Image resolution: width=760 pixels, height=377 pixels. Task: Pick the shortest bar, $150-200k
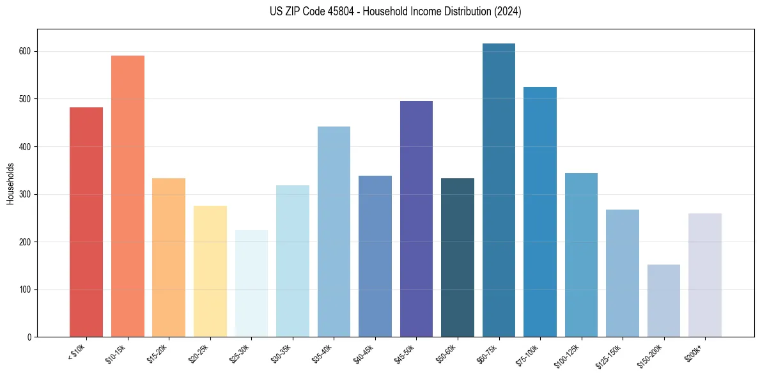click(663, 301)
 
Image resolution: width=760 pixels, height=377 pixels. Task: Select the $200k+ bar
click(705, 275)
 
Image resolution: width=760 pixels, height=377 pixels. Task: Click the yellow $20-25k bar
click(210, 272)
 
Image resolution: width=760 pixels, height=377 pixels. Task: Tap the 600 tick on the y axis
click(25, 51)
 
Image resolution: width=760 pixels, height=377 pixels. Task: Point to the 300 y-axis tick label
click(25, 194)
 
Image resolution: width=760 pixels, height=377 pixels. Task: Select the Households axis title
click(10, 183)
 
